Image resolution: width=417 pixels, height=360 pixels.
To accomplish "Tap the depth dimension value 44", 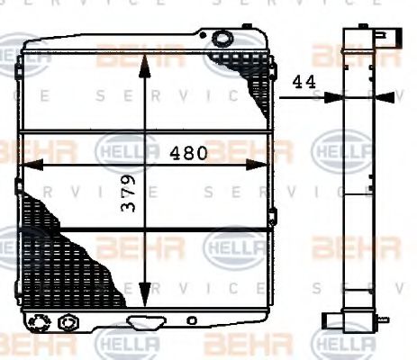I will tap(304, 81).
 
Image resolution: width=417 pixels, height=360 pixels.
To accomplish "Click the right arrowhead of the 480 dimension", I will tap(262, 164).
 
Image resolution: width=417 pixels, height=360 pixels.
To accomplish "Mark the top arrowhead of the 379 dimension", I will tap(145, 59).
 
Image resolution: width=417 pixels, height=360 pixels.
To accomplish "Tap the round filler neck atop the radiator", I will tap(222, 38).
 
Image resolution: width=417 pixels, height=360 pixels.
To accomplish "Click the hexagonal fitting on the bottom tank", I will tap(66, 321).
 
